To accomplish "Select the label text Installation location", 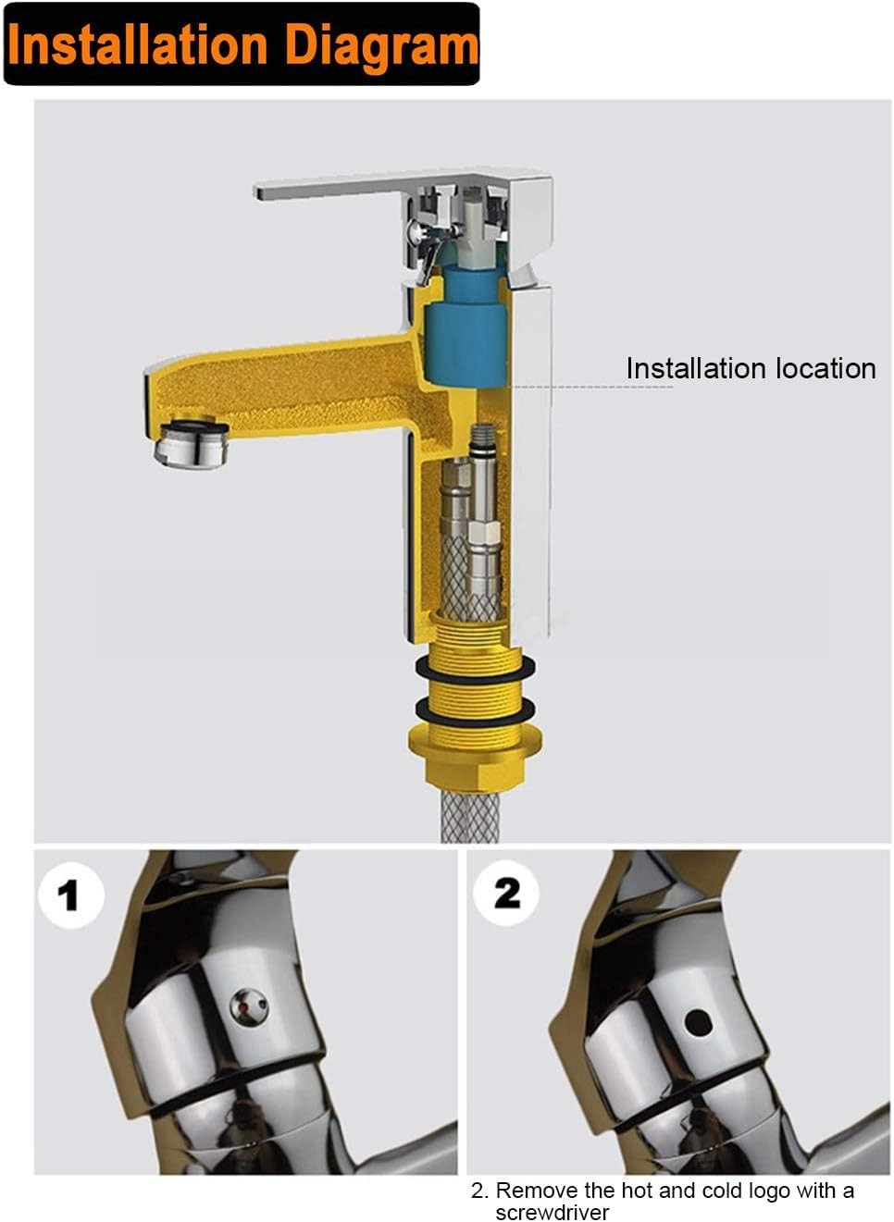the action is click(751, 368).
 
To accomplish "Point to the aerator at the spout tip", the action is click(191, 443).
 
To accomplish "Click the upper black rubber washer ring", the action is click(475, 669).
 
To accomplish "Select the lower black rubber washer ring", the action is click(475, 710).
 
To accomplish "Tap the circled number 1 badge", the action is click(70, 897).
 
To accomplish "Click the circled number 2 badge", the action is click(505, 894).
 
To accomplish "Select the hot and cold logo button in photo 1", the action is click(249, 1006).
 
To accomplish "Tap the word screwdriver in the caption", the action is click(552, 1212).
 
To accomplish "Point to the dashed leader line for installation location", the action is click(591, 387).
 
